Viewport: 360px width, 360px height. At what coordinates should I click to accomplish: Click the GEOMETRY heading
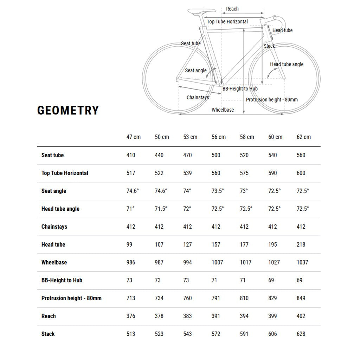(68, 110)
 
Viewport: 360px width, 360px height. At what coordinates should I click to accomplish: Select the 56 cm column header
(218, 137)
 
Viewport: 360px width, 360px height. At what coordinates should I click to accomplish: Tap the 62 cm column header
(303, 137)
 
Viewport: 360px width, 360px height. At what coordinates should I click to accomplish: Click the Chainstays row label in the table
(54, 227)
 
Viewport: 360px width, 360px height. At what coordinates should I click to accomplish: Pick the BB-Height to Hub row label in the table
(62, 280)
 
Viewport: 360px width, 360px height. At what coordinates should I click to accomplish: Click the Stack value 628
(301, 334)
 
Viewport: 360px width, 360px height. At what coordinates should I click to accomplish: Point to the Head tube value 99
(129, 244)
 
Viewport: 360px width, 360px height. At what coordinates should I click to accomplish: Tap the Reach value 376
(131, 316)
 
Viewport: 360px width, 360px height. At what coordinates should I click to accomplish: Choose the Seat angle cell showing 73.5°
(218, 191)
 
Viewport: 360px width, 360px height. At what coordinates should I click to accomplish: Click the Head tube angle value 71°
(130, 209)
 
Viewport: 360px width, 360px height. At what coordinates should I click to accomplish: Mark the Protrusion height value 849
(301, 298)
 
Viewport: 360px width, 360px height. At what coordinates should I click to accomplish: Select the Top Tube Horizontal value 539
(187, 173)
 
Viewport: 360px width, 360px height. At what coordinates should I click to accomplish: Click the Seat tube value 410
(131, 155)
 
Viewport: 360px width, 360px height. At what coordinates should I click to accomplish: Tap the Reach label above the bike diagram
(232, 9)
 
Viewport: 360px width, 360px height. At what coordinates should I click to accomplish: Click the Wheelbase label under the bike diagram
(223, 110)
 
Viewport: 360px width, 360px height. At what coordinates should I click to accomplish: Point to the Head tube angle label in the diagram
(287, 64)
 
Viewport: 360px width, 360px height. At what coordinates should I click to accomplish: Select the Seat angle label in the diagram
(196, 71)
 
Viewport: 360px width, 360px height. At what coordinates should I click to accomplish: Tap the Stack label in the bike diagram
(269, 46)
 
